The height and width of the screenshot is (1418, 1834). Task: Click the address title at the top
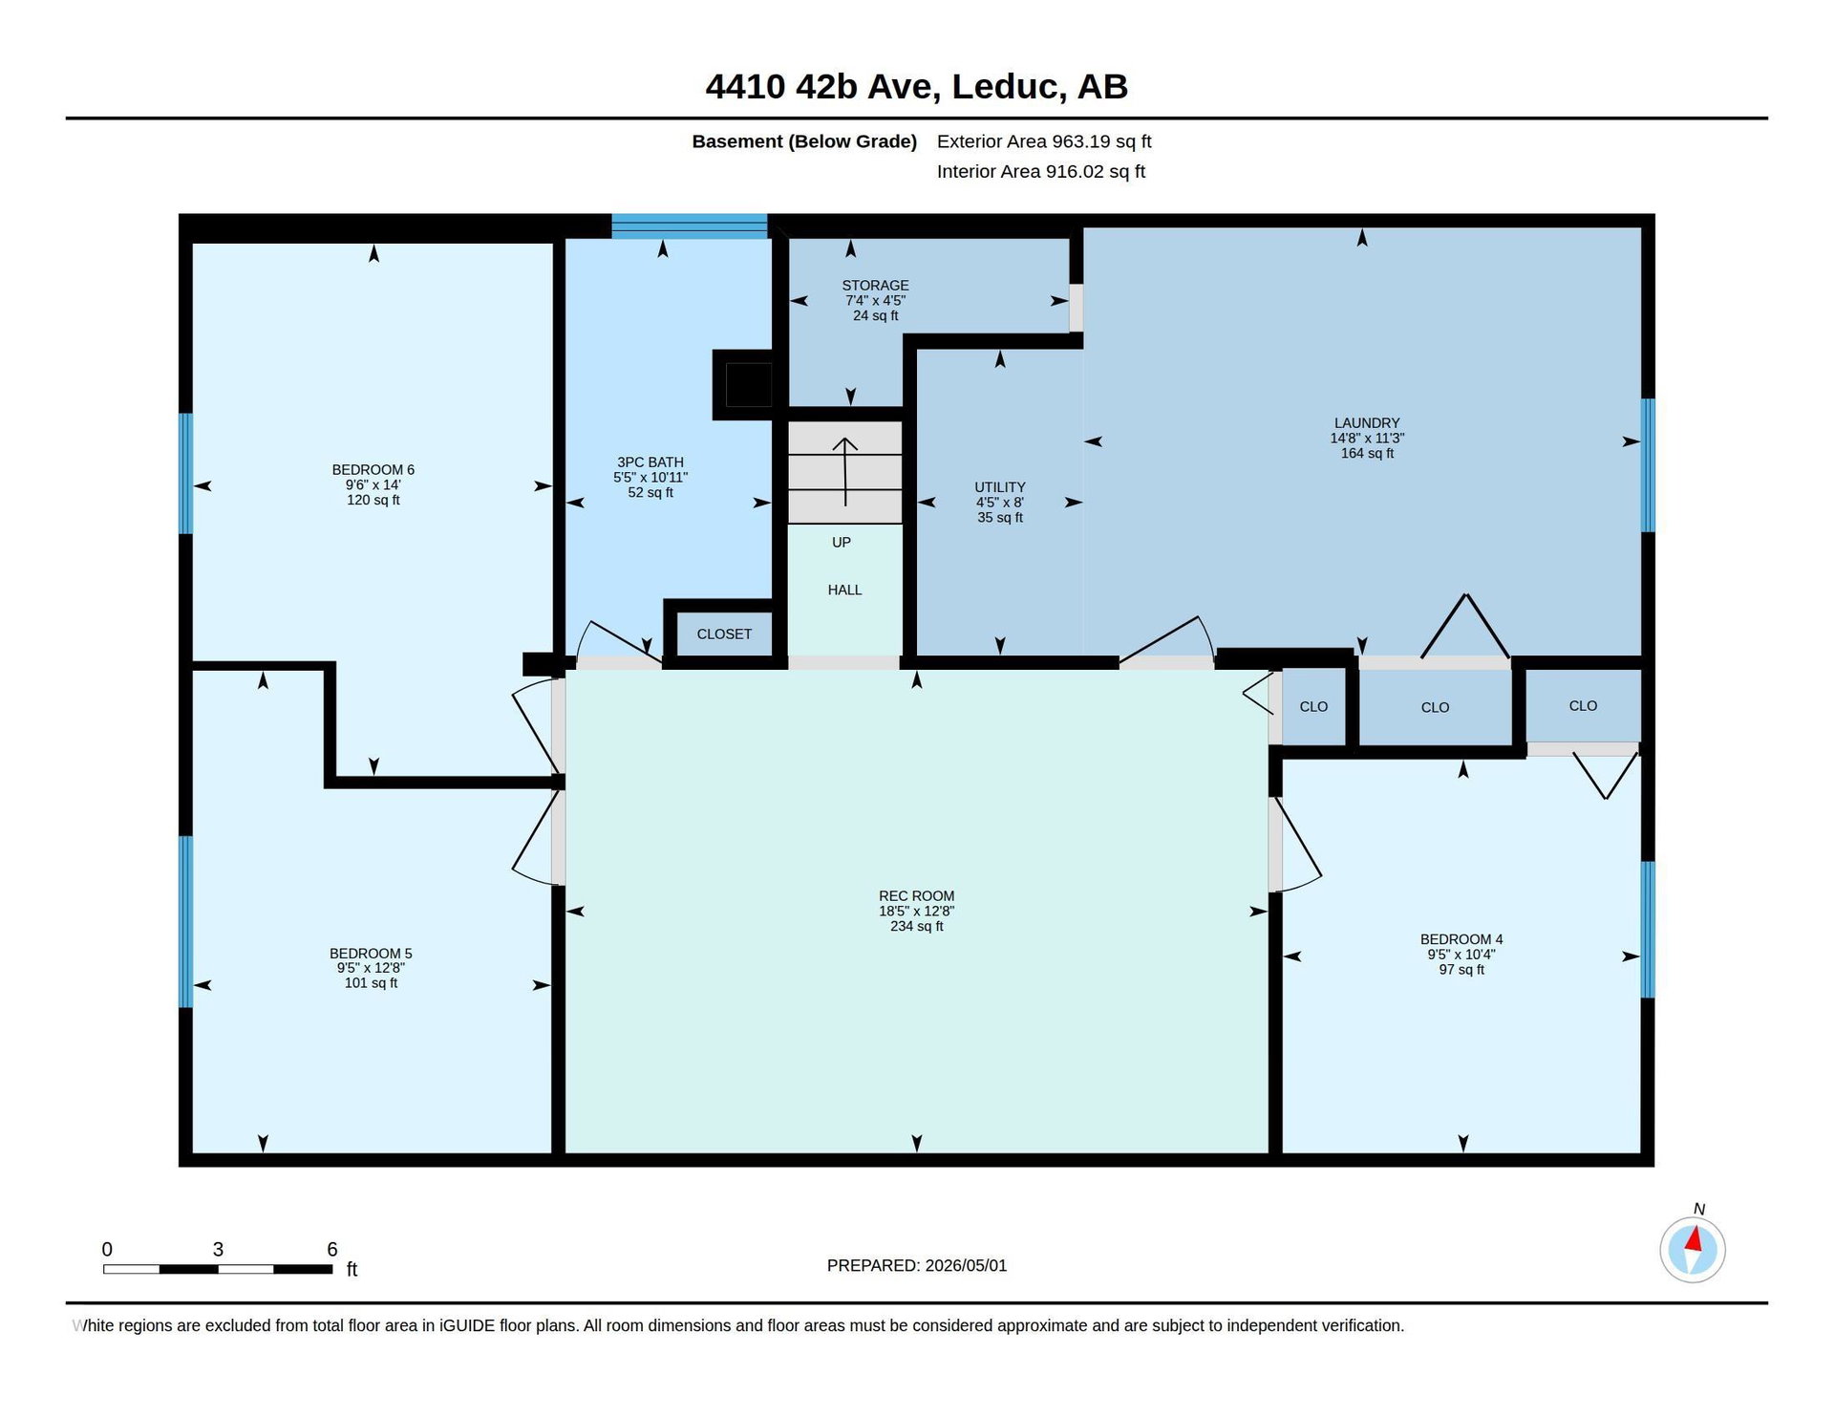point(916,86)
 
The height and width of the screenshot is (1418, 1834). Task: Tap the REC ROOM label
point(916,896)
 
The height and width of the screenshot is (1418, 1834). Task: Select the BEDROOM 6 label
point(373,470)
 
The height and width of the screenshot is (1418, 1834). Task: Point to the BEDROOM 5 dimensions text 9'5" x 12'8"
point(371,968)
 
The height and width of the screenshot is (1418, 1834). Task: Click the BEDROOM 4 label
point(1461,939)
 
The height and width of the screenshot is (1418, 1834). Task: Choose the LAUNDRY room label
point(1367,423)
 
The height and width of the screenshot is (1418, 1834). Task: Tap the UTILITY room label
point(1000,487)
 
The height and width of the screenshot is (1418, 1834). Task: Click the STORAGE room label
point(875,286)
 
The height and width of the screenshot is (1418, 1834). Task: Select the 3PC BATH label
point(650,462)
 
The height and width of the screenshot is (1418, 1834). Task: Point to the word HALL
point(844,591)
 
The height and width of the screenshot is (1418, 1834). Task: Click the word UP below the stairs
point(841,543)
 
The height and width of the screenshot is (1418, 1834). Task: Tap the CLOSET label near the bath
point(724,634)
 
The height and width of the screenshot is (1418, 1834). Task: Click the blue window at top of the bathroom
point(689,226)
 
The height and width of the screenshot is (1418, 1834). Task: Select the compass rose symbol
point(1693,1249)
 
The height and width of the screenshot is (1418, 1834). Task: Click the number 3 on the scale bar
point(218,1249)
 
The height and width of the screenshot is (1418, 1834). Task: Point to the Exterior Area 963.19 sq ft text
point(1044,141)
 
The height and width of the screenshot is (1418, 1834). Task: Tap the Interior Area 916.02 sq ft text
point(1041,172)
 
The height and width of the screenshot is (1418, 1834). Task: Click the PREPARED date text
point(916,1265)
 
